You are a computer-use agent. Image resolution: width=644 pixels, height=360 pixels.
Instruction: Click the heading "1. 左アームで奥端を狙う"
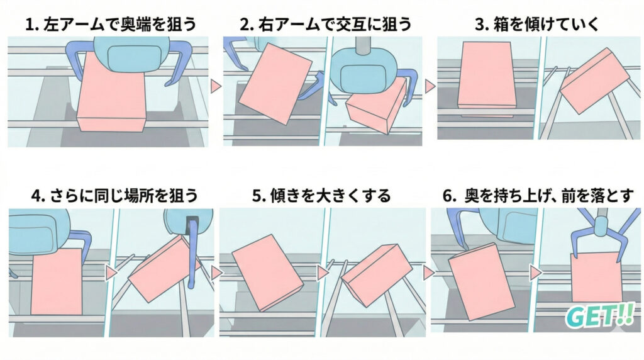pyautogui.click(x=111, y=25)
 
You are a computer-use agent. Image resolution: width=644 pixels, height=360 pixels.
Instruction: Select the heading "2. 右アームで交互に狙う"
pyautogui.click(x=325, y=25)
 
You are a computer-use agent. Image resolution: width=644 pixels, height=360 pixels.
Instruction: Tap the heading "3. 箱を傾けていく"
pyautogui.click(x=537, y=25)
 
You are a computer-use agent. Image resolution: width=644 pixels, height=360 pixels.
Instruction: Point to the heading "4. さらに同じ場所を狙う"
pyautogui.click(x=111, y=195)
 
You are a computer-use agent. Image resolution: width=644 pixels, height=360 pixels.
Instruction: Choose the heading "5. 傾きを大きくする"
pyautogui.click(x=321, y=195)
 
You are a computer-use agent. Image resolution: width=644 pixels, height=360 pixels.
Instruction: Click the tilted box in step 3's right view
pyautogui.click(x=594, y=81)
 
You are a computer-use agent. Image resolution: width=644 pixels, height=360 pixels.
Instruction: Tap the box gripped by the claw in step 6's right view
pyautogui.click(x=596, y=277)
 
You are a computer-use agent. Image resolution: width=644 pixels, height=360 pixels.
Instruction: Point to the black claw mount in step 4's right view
pyautogui.click(x=191, y=222)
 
